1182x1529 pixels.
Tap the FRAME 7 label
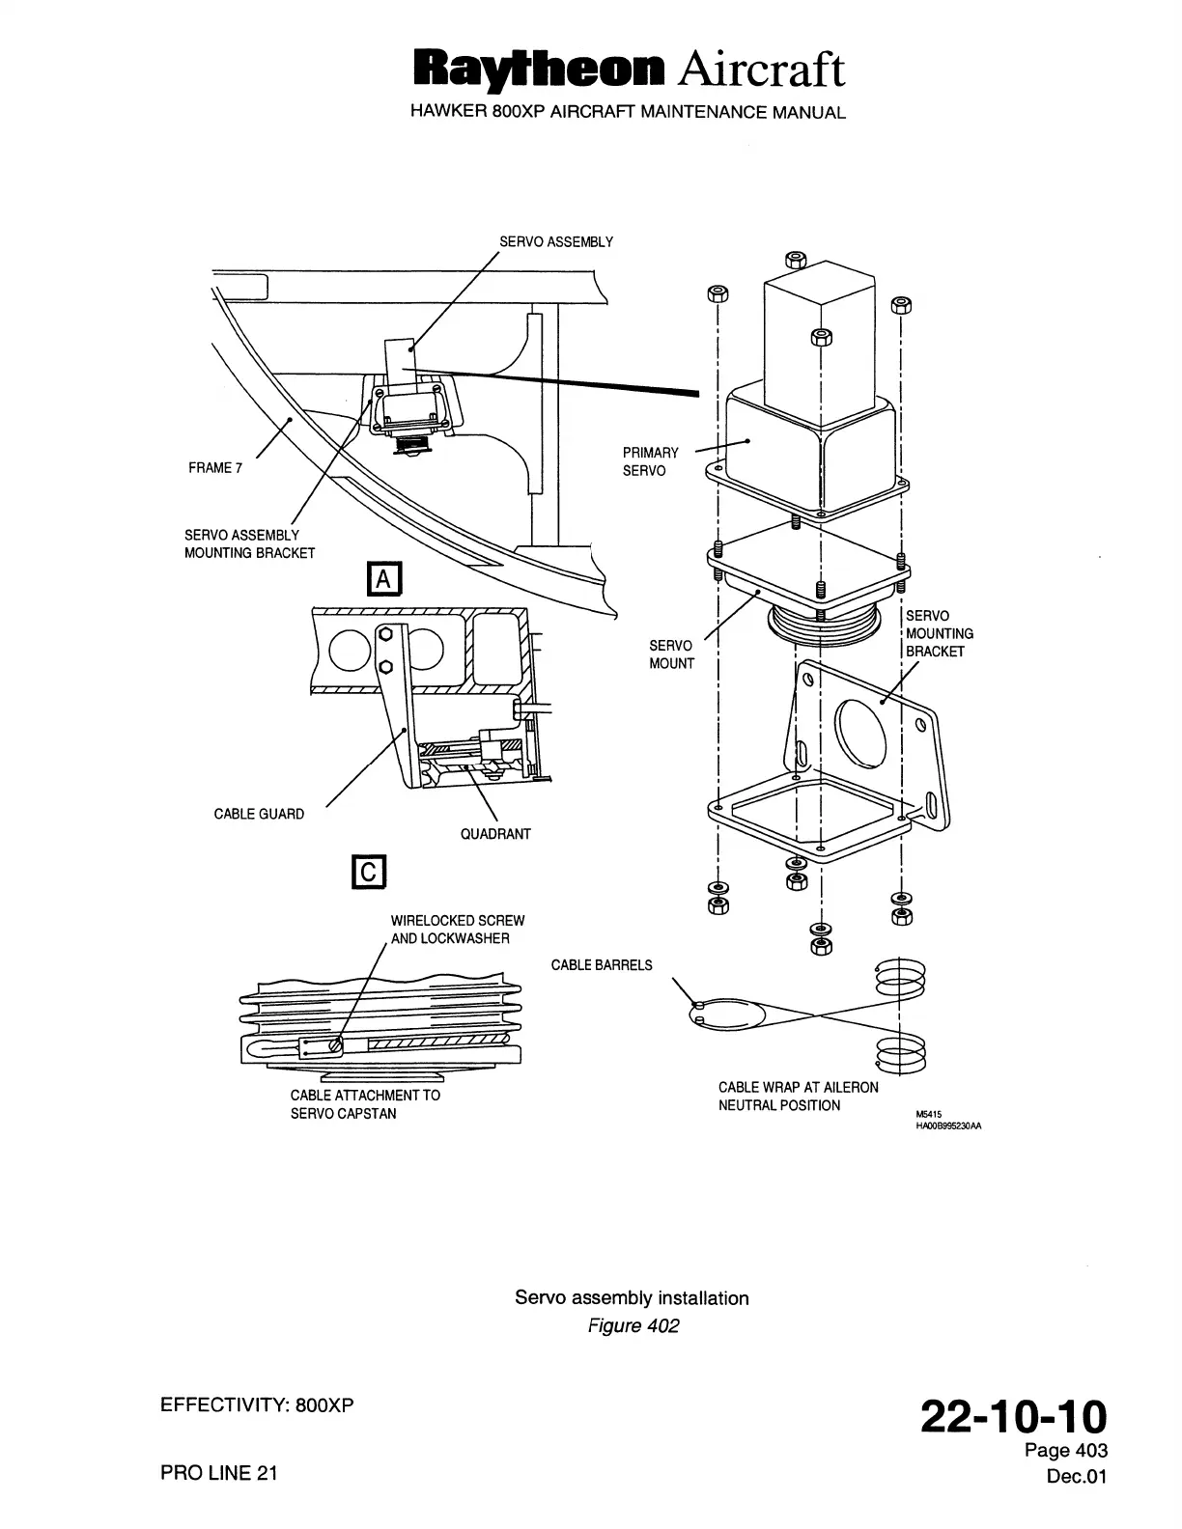tap(211, 468)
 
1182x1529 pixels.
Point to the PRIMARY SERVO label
tap(650, 461)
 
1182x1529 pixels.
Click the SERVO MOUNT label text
tap(671, 653)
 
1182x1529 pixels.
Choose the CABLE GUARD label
tap(259, 814)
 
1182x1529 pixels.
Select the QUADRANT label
tap(495, 834)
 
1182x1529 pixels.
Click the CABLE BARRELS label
tap(602, 965)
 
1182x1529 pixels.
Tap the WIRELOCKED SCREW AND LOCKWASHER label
tap(457, 930)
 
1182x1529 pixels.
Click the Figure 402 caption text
tap(633, 1325)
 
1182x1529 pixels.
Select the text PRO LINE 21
tap(218, 1473)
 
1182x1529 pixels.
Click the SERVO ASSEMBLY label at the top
tap(555, 241)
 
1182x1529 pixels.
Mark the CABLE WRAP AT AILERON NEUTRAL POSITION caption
tap(798, 1097)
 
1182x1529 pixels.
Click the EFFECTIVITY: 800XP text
tap(257, 1404)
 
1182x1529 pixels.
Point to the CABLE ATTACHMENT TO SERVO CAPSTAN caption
tap(365, 1104)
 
